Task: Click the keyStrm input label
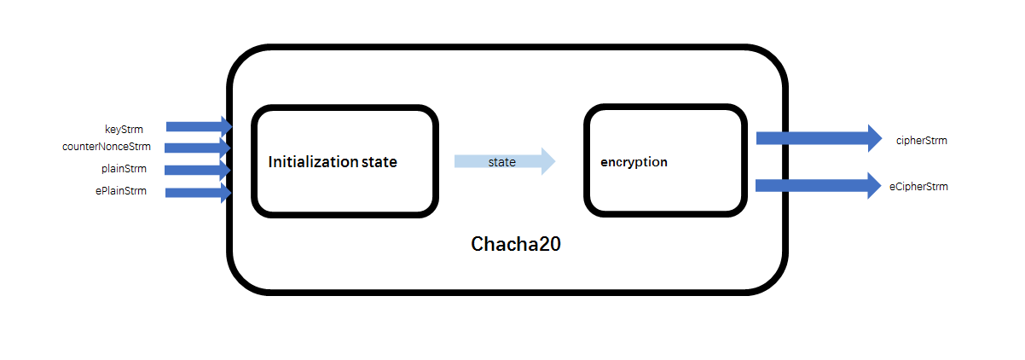click(124, 130)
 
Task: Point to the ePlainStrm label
click(121, 191)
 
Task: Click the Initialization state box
click(345, 188)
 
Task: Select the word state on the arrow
click(501, 161)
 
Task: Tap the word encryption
click(634, 161)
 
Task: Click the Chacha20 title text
click(516, 244)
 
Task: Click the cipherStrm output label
click(921, 140)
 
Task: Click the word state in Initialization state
click(379, 162)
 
